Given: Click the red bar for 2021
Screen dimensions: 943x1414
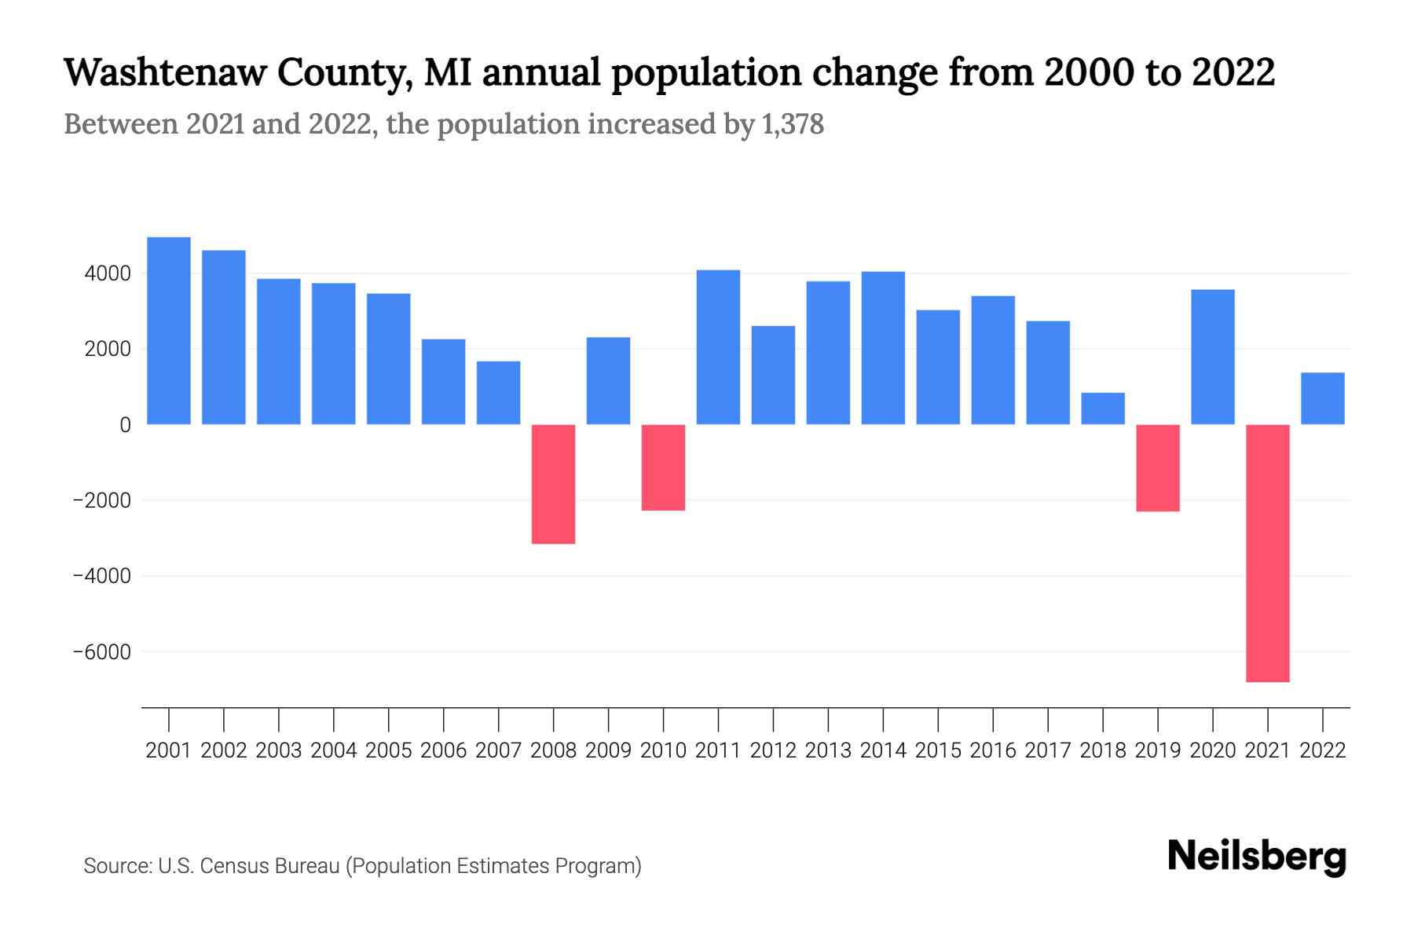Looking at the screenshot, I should point(1268,552).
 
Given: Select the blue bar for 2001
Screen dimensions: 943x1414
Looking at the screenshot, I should point(169,331).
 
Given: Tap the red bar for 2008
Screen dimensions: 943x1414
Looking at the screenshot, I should point(554,484).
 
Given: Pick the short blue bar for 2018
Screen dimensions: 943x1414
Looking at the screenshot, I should point(1103,409).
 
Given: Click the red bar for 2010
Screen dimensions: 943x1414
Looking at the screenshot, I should point(664,468).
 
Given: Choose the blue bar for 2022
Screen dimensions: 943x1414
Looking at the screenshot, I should point(1323,398).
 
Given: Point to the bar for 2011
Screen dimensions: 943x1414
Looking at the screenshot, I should point(718,347).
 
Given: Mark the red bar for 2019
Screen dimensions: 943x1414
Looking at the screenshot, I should point(1158,468).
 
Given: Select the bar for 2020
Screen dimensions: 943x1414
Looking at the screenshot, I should point(1213,358).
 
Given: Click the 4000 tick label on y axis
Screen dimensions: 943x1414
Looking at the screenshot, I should point(108,274).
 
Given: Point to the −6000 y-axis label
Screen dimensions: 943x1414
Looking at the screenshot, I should point(102,652).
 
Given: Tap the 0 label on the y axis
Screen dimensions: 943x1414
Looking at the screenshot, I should point(125,425).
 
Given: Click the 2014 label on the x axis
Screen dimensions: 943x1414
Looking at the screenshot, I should point(883,750).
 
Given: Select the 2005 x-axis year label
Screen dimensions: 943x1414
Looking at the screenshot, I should point(389,750).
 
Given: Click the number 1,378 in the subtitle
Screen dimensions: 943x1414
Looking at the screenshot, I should point(793,124).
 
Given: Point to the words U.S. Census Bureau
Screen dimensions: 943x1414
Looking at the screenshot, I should point(249,866).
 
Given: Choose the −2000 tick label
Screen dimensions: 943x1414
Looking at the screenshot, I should point(102,501).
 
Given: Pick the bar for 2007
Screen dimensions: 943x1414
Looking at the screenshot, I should point(499,393).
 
